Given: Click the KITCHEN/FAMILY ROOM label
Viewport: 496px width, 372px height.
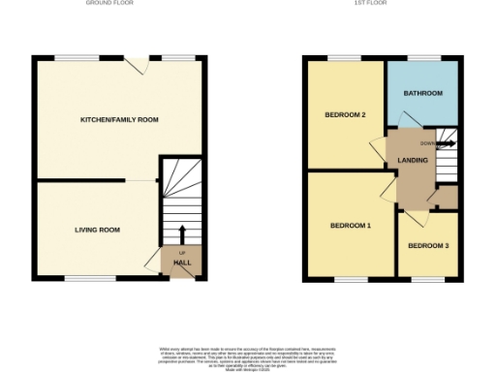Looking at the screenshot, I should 119,119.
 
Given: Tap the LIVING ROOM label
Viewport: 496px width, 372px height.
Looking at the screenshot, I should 98,230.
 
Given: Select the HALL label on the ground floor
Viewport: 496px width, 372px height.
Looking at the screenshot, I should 181,263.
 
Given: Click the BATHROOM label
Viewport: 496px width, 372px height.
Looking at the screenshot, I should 423,93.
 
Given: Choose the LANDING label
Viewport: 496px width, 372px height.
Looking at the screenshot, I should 413,160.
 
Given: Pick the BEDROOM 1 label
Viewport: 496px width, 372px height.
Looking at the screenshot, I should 351,226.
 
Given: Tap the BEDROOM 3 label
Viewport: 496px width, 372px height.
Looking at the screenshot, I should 428,246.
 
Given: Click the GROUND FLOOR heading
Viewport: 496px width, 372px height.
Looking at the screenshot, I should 109,4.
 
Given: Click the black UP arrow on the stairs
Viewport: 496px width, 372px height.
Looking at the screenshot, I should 182,232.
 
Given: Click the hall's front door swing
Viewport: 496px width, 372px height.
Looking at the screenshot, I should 153,261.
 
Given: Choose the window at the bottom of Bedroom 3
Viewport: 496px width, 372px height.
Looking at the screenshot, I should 428,282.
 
